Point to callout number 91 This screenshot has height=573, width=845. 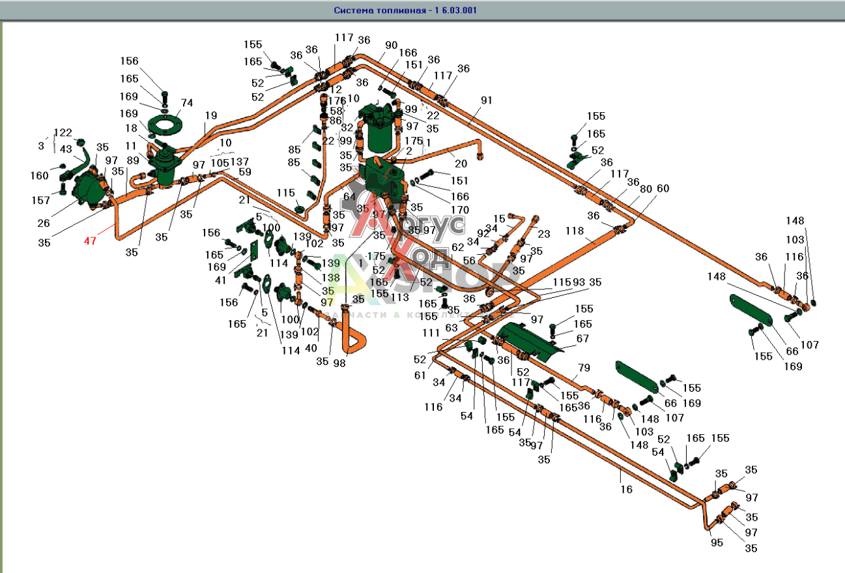pyautogui.click(x=487, y=100)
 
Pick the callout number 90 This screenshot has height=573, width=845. pyautogui.click(x=391, y=45)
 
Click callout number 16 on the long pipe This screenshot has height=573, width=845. pyautogui.click(x=626, y=489)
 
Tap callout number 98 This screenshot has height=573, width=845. pyautogui.click(x=339, y=362)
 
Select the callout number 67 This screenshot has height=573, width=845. pyautogui.click(x=582, y=339)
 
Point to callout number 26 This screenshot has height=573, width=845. pyautogui.click(x=44, y=224)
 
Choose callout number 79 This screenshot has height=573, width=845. pyautogui.click(x=583, y=368)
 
